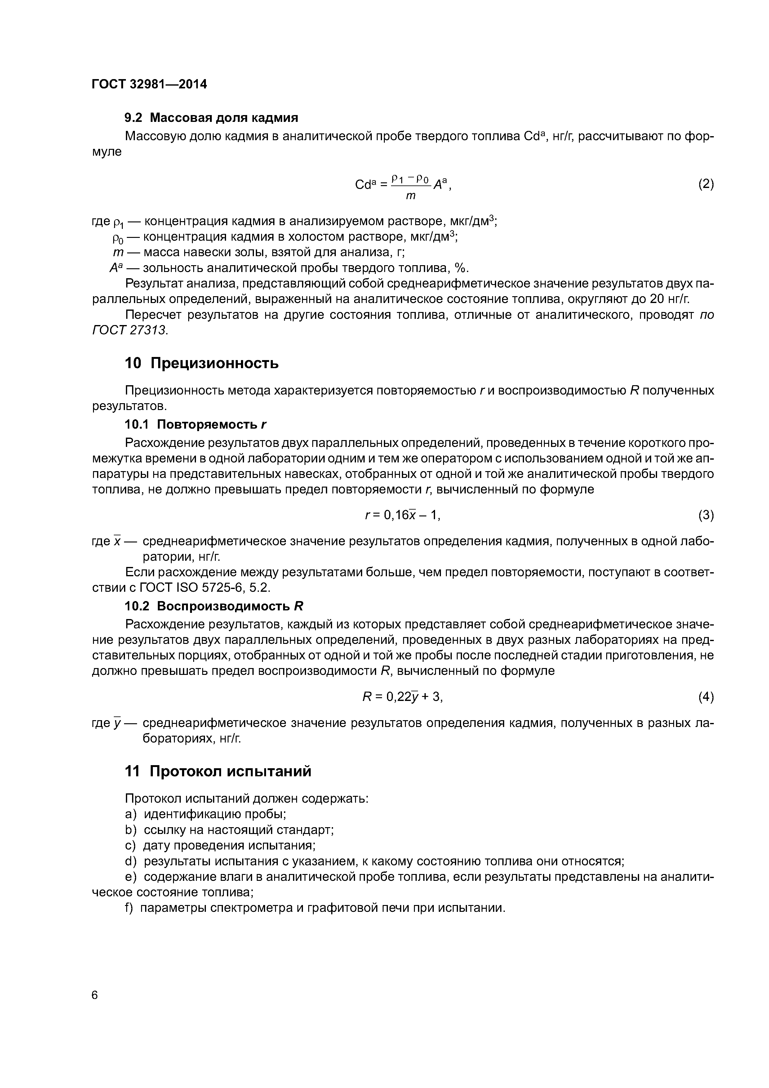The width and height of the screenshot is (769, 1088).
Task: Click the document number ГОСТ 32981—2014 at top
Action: click(149, 84)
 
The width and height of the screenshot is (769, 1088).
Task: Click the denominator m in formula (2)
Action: click(411, 195)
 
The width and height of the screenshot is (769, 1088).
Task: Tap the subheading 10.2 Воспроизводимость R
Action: click(213, 606)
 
